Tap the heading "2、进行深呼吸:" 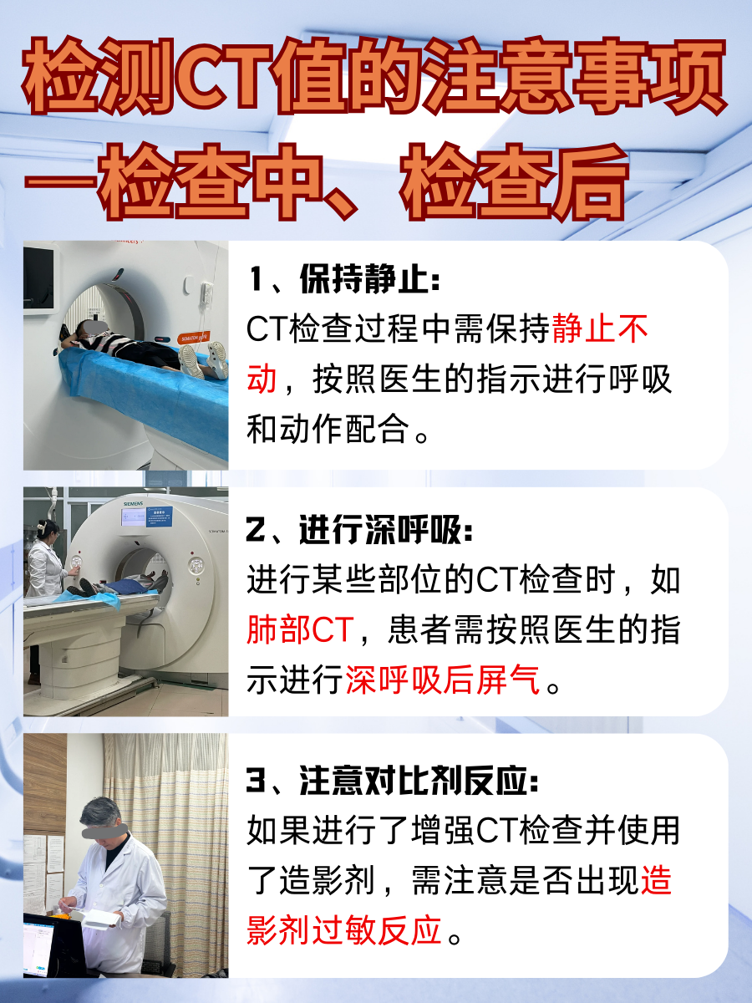[360, 529]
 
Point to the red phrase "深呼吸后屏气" [442, 680]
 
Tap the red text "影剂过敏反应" [343, 929]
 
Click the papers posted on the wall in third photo [43, 861]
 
